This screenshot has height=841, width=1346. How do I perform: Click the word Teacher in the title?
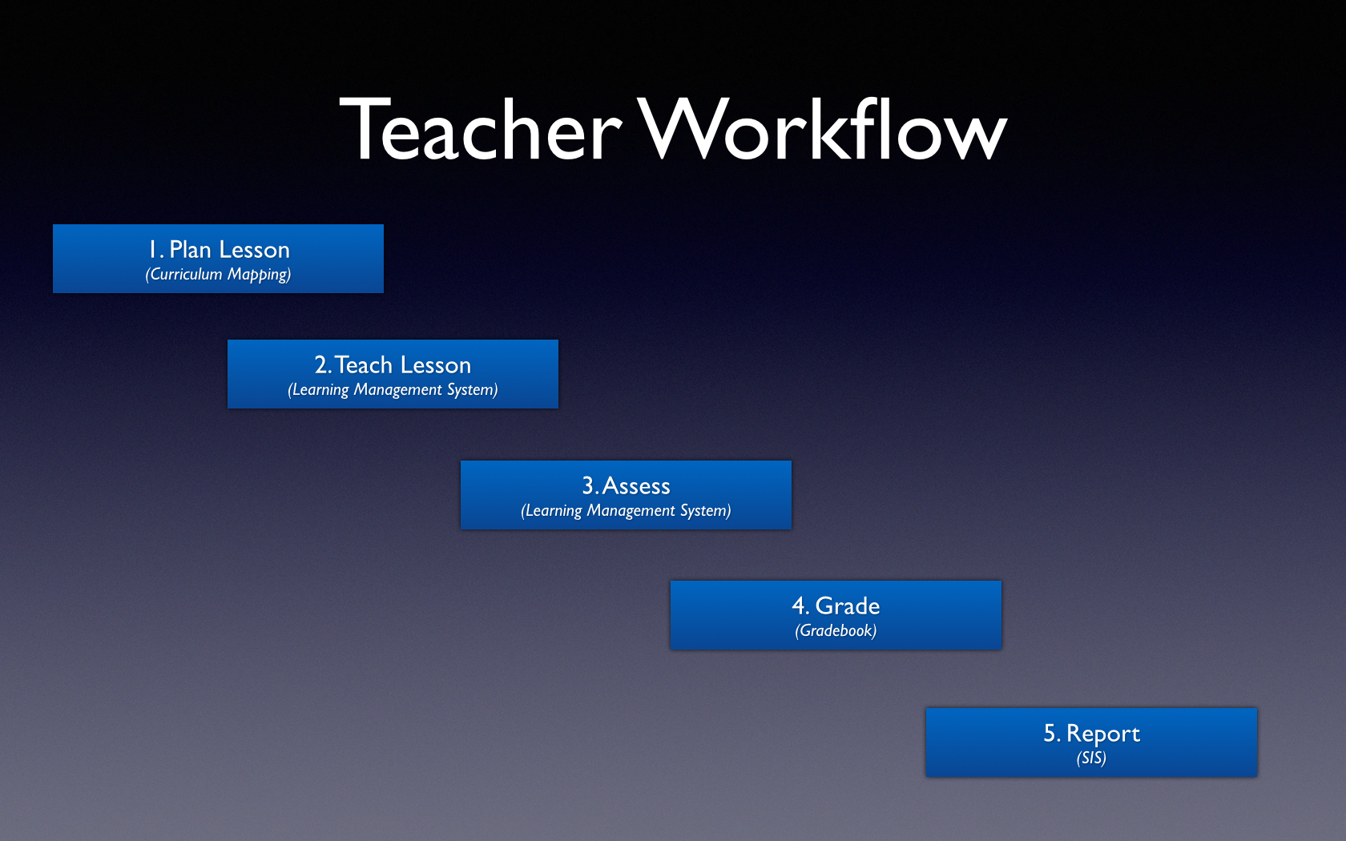(x=481, y=129)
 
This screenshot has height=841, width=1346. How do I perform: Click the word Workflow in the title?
(x=822, y=128)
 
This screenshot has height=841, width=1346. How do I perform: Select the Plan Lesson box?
(x=218, y=259)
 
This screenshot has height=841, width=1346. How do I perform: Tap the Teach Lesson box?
(x=393, y=374)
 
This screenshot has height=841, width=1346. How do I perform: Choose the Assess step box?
(x=627, y=495)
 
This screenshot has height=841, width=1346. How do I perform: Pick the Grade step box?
(x=836, y=615)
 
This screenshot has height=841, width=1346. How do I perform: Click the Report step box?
(x=1091, y=742)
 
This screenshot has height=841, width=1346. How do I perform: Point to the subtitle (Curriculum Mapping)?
(x=218, y=275)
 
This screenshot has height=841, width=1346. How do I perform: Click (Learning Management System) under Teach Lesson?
(x=393, y=390)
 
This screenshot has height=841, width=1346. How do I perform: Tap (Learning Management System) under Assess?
(x=627, y=511)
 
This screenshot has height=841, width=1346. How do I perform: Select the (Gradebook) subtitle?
(x=836, y=631)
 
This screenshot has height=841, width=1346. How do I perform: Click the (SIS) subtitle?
(x=1091, y=758)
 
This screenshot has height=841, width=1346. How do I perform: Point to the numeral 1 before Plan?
(x=153, y=249)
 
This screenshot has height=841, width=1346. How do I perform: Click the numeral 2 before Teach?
(x=321, y=365)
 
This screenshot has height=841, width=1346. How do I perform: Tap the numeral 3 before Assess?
(x=588, y=485)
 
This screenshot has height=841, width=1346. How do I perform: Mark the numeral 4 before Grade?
(x=800, y=606)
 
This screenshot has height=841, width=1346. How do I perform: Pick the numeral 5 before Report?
(x=1050, y=733)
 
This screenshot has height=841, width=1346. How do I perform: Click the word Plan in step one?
(x=190, y=249)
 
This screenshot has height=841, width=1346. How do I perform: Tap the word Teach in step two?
(x=364, y=364)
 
